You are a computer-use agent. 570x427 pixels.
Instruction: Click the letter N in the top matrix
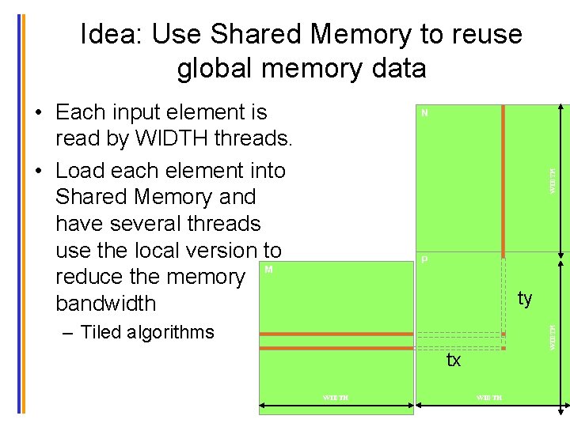coord(425,113)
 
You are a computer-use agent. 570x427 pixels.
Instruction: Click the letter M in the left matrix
coord(269,270)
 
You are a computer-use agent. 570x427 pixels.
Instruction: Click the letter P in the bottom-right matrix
coord(425,259)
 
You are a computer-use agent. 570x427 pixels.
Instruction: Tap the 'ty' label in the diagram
coord(525,298)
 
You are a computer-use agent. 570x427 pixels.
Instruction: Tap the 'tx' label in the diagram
coord(454,361)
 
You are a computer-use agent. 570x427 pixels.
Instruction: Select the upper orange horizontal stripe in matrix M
coord(336,334)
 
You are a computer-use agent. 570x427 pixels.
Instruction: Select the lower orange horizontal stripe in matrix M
coord(336,347)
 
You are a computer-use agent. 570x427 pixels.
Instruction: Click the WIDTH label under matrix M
coord(335,397)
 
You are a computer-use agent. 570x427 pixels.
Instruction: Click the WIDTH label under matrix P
coord(488,397)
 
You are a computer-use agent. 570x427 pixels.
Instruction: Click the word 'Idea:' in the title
coord(112,34)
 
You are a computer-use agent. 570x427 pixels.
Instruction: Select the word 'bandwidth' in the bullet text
coord(106,304)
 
